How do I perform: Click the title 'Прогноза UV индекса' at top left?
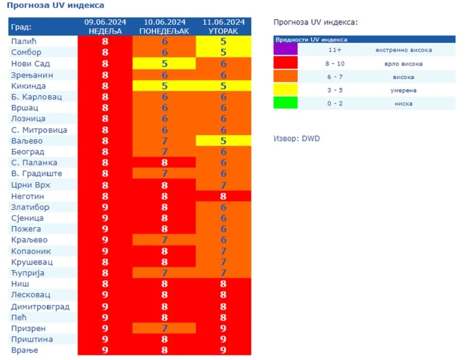point(55,5)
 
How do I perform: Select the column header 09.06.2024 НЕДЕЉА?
point(105,27)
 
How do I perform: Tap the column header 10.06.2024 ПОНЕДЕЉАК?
point(164,27)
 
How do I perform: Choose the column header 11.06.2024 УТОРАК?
point(223,27)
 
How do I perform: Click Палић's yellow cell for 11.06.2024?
point(223,42)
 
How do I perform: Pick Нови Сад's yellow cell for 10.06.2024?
point(164,64)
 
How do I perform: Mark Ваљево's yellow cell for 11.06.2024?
point(223,141)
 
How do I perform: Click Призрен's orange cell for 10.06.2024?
point(164,328)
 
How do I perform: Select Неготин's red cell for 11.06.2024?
point(223,196)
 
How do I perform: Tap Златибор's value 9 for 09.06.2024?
point(105,207)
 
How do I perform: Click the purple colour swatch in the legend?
point(286,50)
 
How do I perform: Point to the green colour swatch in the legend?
point(286,103)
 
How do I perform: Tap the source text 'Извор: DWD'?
point(296,139)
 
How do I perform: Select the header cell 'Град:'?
point(22,27)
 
